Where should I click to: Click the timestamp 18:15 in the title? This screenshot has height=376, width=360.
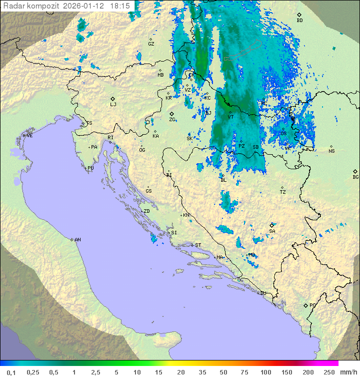120,6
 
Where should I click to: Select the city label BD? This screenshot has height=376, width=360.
299,21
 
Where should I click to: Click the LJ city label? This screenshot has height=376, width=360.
113,105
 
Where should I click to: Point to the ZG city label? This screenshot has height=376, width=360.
172,120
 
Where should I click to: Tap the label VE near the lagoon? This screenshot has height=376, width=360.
29,136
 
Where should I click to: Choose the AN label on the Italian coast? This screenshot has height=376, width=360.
77,240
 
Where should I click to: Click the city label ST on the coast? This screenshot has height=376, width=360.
198,245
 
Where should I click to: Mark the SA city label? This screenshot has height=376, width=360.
272,231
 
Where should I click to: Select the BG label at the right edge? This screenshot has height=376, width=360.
355,177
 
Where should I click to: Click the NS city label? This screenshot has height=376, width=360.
331,151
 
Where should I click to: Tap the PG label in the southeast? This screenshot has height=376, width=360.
312,305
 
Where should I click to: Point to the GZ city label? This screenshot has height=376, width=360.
151,44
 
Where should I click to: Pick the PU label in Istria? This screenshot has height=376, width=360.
90,168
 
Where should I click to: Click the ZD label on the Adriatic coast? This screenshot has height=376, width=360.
146,211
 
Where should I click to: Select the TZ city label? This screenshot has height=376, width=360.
283,192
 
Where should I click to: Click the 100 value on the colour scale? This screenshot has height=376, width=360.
265,372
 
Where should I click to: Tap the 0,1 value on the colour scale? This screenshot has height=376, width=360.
11,372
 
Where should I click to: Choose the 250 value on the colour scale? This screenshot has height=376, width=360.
329,372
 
